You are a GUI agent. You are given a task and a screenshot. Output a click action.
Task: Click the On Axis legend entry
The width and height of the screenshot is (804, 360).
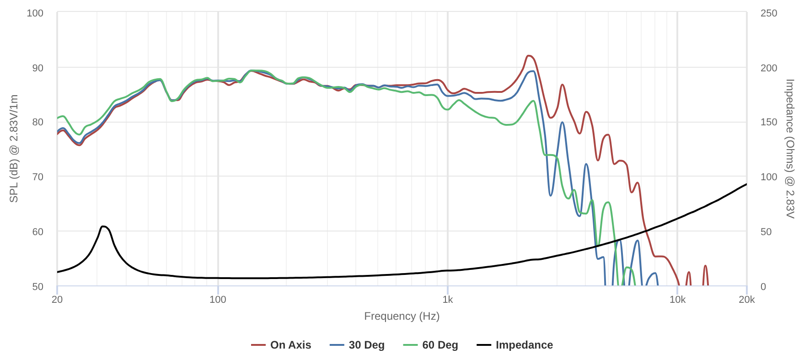point(281,345)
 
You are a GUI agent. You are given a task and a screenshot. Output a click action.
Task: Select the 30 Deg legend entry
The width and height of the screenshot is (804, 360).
point(357,345)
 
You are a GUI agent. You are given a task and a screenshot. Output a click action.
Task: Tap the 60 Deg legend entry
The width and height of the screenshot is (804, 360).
point(431,345)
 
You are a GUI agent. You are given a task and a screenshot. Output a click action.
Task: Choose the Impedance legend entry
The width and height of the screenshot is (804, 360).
point(515,345)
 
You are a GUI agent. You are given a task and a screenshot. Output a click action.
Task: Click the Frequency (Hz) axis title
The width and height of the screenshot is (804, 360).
point(402,316)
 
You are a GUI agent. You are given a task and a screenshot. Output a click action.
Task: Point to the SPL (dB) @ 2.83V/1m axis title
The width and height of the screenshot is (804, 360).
point(14,149)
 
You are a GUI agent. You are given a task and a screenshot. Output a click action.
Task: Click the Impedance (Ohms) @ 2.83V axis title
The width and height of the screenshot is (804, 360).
point(790,149)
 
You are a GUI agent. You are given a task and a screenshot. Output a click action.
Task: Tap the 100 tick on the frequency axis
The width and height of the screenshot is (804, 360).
point(218,300)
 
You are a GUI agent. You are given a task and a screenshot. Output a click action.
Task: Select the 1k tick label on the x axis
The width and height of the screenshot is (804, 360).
point(448,300)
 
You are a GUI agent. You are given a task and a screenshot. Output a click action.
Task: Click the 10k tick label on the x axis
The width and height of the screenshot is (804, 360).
point(677,300)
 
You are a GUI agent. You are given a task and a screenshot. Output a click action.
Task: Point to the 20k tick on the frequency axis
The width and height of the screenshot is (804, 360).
point(746,300)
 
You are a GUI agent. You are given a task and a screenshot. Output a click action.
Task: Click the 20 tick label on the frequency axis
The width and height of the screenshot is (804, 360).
point(57,300)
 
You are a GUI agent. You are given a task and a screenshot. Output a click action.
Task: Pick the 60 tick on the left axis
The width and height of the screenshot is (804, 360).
point(38,231)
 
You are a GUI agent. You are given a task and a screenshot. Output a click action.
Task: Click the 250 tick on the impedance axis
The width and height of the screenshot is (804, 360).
point(769,13)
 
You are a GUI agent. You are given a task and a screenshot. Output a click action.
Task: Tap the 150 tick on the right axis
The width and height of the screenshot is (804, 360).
point(769,122)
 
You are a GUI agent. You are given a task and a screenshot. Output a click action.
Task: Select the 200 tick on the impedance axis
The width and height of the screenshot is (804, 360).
point(769,68)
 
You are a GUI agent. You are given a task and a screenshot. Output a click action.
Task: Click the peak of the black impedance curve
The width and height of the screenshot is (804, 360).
point(103,226)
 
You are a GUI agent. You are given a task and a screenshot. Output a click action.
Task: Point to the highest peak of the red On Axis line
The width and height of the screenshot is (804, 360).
point(529,56)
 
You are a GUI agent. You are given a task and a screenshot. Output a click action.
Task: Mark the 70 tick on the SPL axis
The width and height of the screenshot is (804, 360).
point(38,177)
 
